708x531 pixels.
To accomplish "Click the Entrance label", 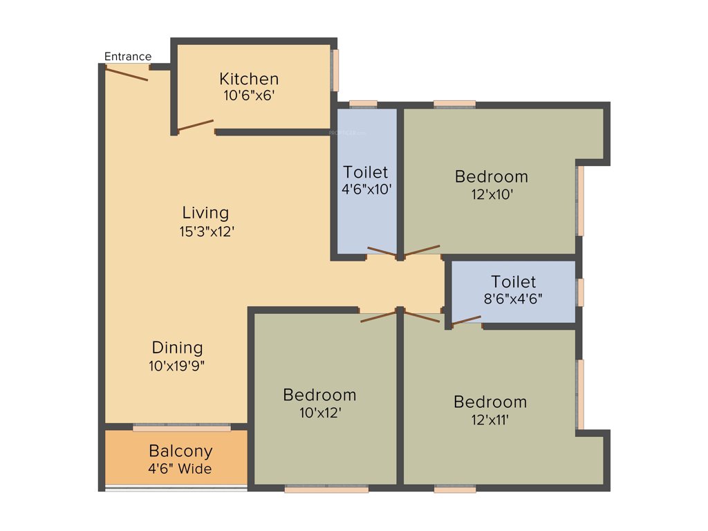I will point(127,57).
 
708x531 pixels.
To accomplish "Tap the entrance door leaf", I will point(127,73).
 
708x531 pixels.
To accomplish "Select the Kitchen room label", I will point(249,79).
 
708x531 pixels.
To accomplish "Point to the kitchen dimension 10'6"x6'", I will point(249,95).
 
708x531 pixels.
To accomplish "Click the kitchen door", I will point(195,125).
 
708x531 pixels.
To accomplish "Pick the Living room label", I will point(205,212).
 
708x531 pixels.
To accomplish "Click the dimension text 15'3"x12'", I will point(207,232).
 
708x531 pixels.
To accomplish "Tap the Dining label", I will point(177,348).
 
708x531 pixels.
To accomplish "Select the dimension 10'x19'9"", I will point(177,366).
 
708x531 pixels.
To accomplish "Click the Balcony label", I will point(180,451).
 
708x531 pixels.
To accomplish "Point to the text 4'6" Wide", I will point(180,469).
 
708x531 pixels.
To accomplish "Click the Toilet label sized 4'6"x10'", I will point(366,172).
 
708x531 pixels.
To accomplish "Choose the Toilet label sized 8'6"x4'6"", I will point(513,282).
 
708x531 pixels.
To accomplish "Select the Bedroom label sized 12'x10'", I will point(491,177).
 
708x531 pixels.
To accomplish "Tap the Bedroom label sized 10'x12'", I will point(319,395).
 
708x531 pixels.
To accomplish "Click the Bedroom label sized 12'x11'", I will point(490,402).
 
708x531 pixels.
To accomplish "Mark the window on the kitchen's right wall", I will point(335,70).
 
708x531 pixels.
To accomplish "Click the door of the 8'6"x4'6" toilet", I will point(466,320).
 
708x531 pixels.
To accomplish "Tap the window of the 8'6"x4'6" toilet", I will point(580,292).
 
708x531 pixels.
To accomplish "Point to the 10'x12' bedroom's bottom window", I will point(326,490).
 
